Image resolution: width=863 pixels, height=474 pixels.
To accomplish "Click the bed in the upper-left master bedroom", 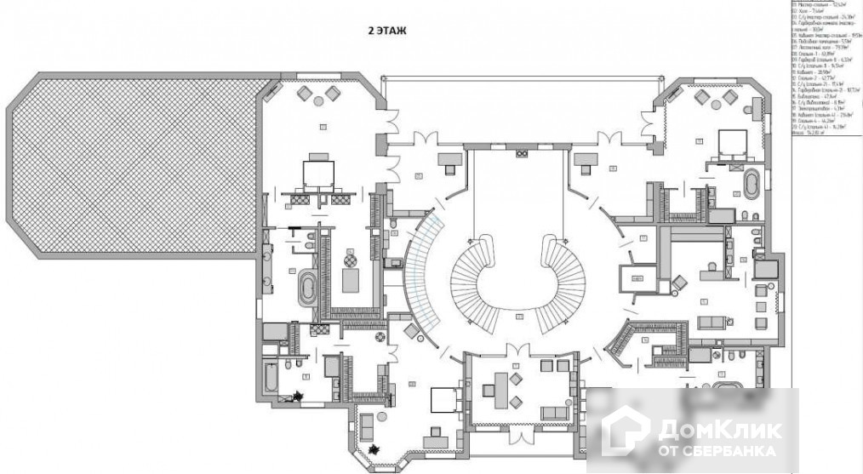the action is (x=319, y=172).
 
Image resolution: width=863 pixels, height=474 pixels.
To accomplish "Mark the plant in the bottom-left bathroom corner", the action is (x=299, y=394).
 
